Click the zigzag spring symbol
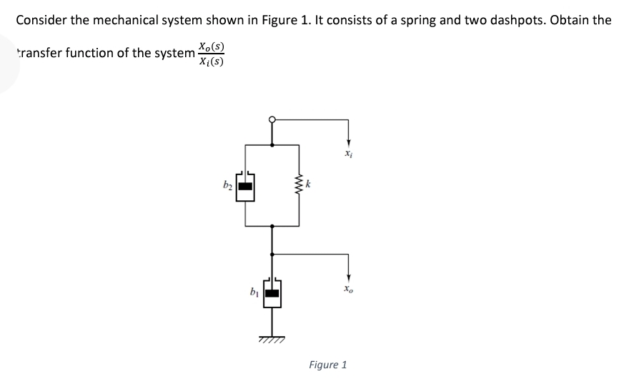tap(298, 184)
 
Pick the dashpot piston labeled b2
tap(245, 187)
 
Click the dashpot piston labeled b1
tap(272, 292)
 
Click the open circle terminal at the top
tap(272, 119)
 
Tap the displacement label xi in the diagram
tap(347, 152)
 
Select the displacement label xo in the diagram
tap(347, 290)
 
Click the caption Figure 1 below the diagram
tap(327, 365)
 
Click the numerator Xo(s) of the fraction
tap(211, 47)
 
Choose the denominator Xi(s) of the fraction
tap(211, 61)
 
